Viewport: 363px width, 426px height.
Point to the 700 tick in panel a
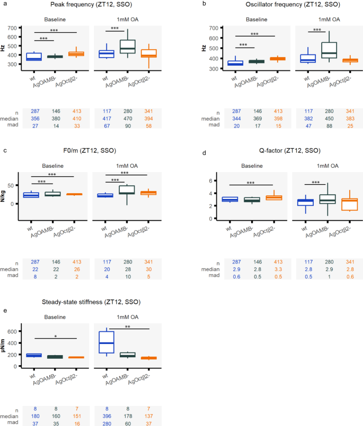pyautogui.click(x=12, y=28)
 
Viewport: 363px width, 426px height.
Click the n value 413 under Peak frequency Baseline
pyautogui.click(x=74, y=112)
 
